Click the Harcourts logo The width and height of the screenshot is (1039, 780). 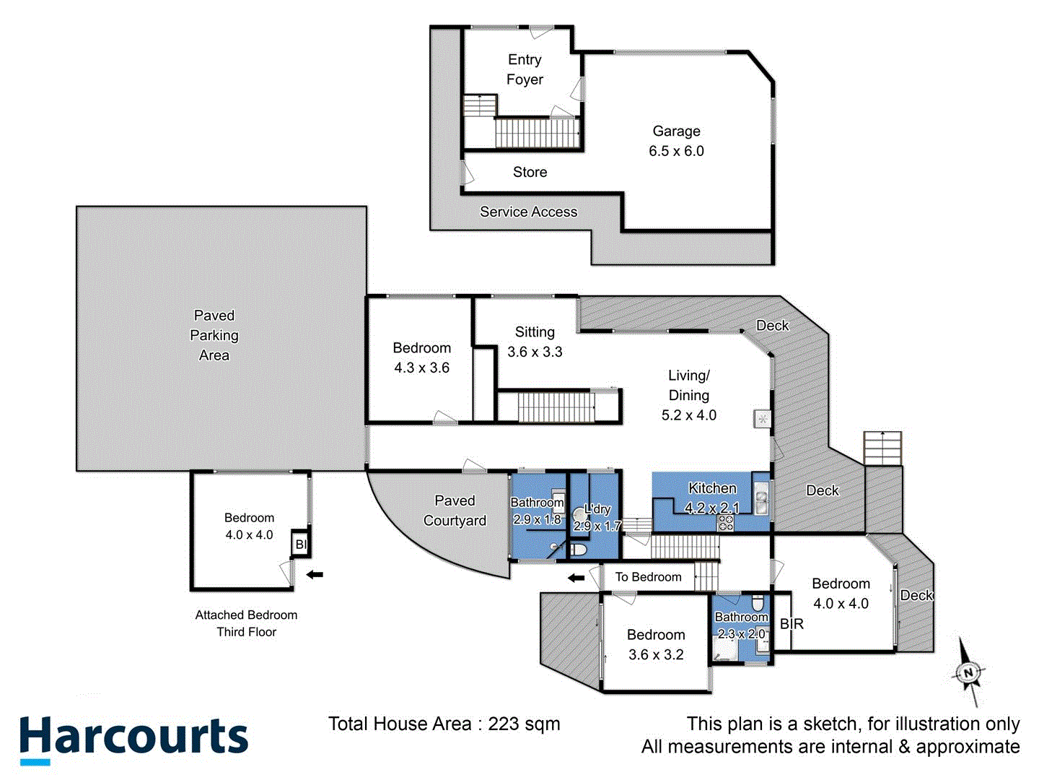(133, 739)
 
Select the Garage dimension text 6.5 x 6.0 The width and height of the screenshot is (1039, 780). (676, 151)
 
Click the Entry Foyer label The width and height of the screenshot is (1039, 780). (525, 69)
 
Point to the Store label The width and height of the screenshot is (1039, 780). (530, 172)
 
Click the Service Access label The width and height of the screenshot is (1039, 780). (528, 212)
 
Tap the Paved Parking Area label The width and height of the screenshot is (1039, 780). (214, 335)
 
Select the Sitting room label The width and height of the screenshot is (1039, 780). (535, 332)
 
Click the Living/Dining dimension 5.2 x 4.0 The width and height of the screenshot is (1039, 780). (689, 415)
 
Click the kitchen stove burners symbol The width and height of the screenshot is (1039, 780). (725, 523)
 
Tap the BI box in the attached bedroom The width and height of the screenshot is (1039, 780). (301, 545)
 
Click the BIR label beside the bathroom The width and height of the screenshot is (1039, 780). (792, 624)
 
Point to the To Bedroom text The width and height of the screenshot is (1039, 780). (648, 577)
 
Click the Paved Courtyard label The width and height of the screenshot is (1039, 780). (455, 511)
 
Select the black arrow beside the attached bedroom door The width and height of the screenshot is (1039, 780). (315, 575)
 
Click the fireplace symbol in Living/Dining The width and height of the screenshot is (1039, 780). (763, 418)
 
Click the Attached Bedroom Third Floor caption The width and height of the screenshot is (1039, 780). (246, 623)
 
